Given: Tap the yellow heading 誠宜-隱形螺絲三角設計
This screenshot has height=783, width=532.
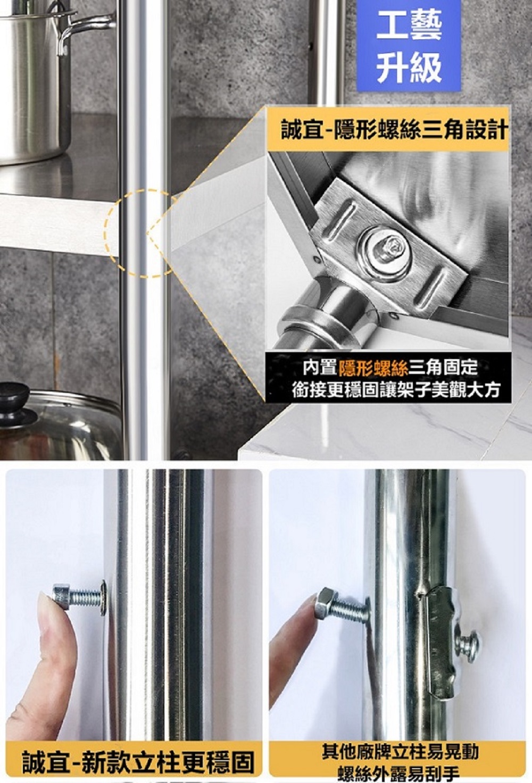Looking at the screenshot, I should tap(394, 130).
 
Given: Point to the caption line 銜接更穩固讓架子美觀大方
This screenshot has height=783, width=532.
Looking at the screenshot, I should tap(396, 390).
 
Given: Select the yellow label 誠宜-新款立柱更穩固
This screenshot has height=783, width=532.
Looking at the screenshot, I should tap(137, 762).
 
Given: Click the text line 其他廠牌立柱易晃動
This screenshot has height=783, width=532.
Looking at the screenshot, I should tap(400, 752).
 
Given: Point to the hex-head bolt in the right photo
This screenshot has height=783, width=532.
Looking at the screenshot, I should tap(341, 606).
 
